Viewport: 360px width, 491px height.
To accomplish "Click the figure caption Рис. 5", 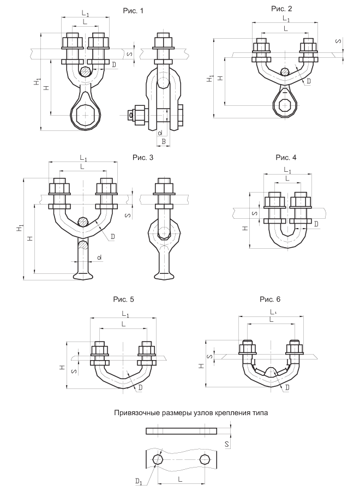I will click(x=123, y=300).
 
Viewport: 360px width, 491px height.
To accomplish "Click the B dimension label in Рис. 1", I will click(x=163, y=141).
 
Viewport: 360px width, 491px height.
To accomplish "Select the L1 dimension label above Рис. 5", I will click(x=125, y=315).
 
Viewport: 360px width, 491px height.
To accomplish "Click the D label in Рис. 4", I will click(x=316, y=224).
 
